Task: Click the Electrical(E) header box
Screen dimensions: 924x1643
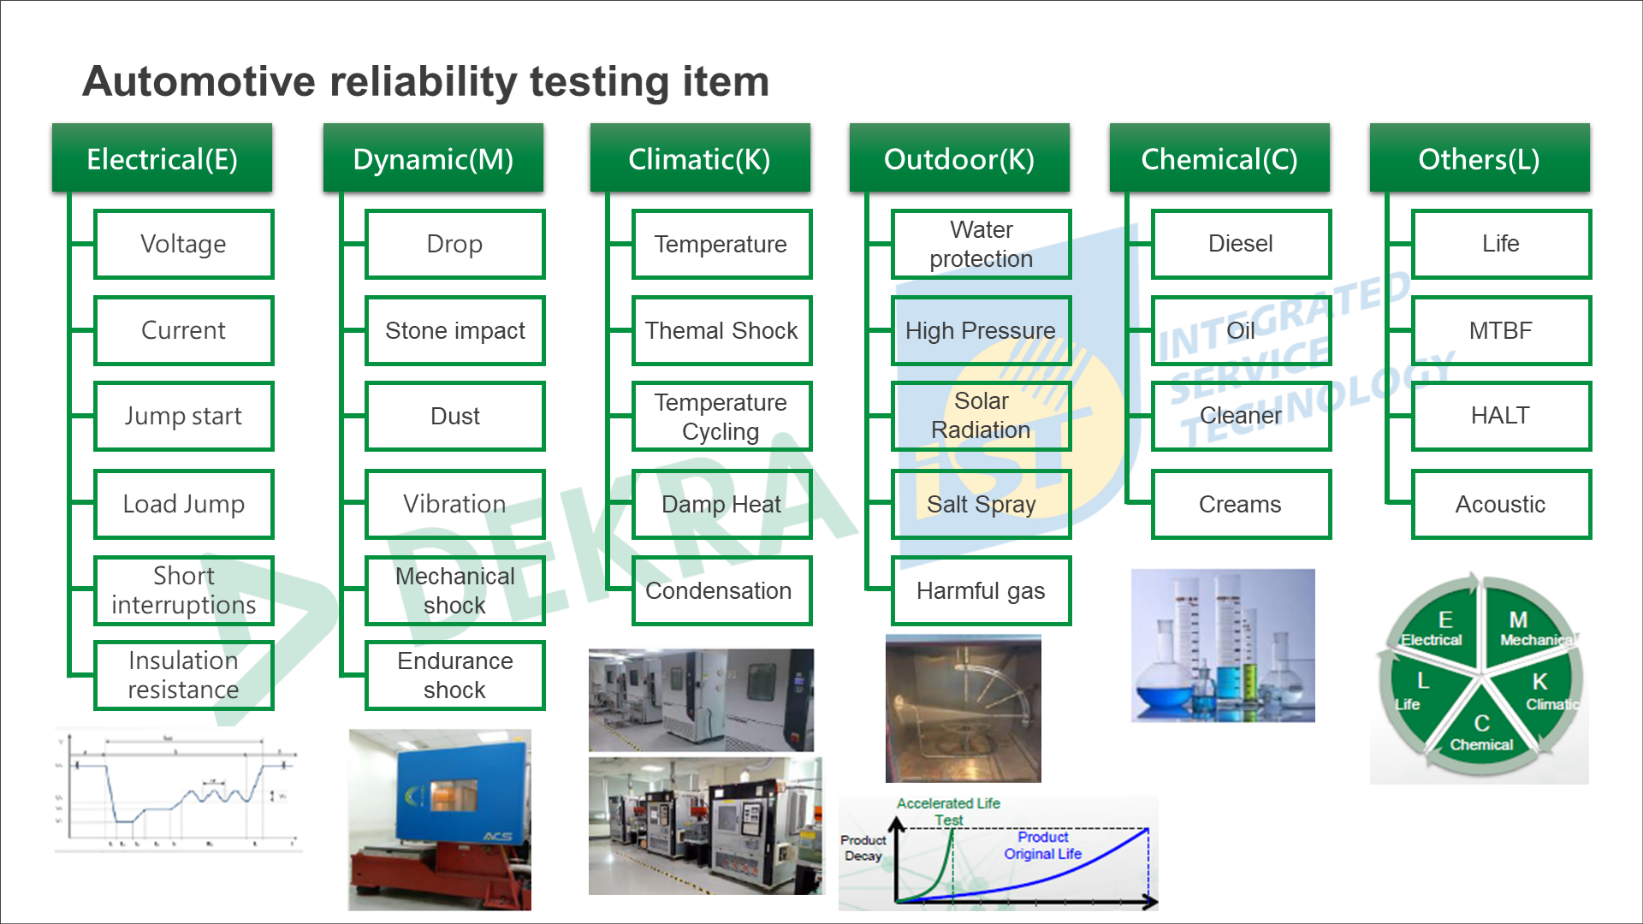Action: point(162,158)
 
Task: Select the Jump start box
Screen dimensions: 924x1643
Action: point(183,416)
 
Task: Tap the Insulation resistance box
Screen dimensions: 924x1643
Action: point(183,675)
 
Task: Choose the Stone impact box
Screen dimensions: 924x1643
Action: point(454,330)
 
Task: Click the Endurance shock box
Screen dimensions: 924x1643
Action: point(454,675)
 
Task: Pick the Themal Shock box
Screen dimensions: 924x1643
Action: point(721,330)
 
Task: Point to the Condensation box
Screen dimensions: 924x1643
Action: point(721,590)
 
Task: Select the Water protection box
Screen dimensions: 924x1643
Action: point(981,244)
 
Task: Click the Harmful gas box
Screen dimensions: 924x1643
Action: point(981,590)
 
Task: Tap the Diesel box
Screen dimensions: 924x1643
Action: point(1241,244)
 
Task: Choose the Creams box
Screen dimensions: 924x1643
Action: point(1241,504)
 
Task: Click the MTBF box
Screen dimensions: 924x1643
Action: point(1501,330)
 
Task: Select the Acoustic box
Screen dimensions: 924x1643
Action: point(1501,504)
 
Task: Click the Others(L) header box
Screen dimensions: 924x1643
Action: point(1480,158)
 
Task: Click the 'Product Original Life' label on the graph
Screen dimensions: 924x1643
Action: point(1042,845)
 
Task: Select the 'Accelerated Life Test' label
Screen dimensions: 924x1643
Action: point(948,811)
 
